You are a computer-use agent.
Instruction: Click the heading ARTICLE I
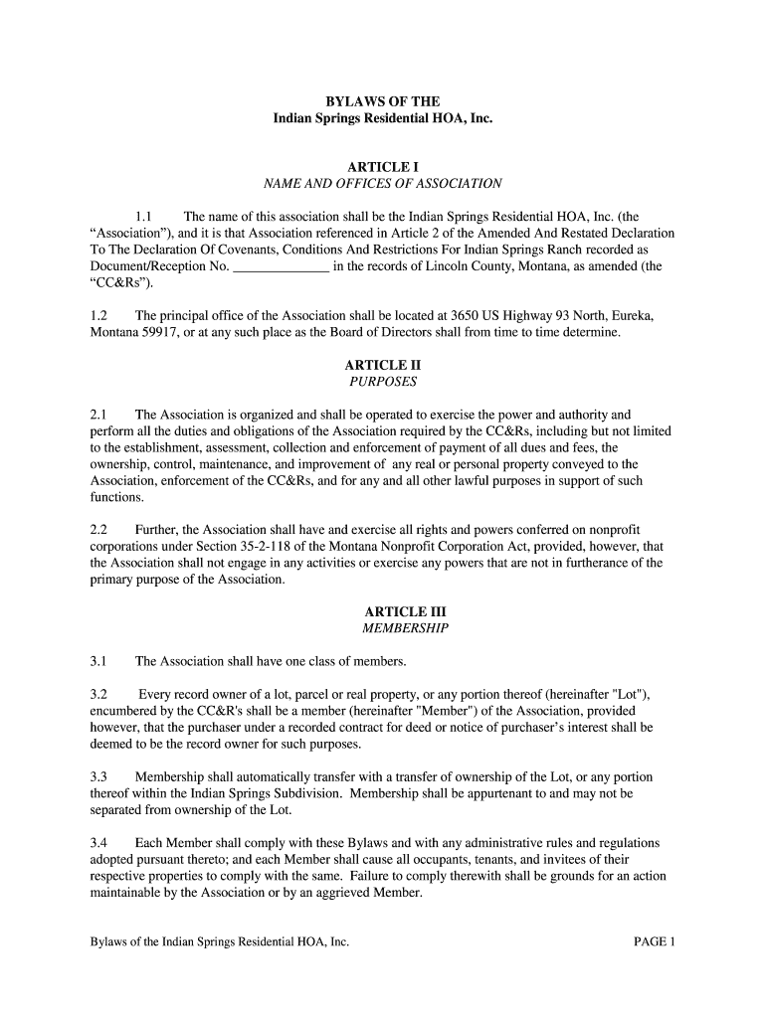point(383,167)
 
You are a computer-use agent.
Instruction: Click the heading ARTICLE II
point(383,365)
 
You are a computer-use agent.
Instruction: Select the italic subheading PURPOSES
point(383,381)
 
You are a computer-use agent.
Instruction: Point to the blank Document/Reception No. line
point(281,266)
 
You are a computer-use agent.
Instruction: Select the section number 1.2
point(98,315)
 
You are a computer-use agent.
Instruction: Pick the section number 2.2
point(98,529)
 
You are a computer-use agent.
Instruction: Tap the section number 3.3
point(98,776)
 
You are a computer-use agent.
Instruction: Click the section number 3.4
point(98,842)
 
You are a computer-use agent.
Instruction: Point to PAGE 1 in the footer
point(654,940)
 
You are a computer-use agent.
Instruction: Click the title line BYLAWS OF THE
point(383,101)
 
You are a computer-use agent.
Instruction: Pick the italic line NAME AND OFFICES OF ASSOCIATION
point(383,184)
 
